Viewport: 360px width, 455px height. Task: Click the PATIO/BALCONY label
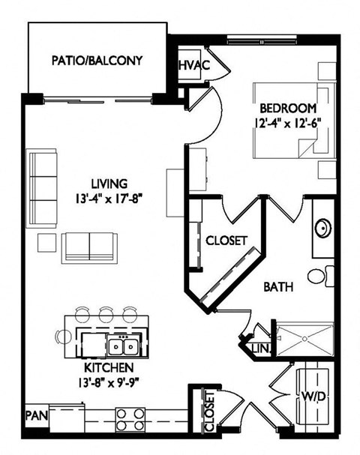pos(97,61)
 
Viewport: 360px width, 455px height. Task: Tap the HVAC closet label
pos(193,65)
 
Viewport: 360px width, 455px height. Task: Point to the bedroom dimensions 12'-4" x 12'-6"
pos(288,123)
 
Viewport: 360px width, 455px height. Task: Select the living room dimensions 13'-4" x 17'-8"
pos(109,199)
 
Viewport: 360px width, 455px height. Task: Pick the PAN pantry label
pos(37,415)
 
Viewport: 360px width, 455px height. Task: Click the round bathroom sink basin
pos(323,229)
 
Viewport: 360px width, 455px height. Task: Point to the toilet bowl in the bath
pos(316,277)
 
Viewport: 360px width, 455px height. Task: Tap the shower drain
pos(304,339)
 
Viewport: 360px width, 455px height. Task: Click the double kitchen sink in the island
pos(124,345)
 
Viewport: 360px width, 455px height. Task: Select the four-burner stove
pos(130,419)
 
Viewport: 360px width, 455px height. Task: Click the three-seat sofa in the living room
pos(42,189)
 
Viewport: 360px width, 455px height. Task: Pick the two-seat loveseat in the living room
pos(89,247)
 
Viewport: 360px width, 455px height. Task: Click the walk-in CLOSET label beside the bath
pos(226,241)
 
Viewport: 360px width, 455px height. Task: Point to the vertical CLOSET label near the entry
pos(209,412)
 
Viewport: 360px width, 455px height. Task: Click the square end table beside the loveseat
pos(46,243)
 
